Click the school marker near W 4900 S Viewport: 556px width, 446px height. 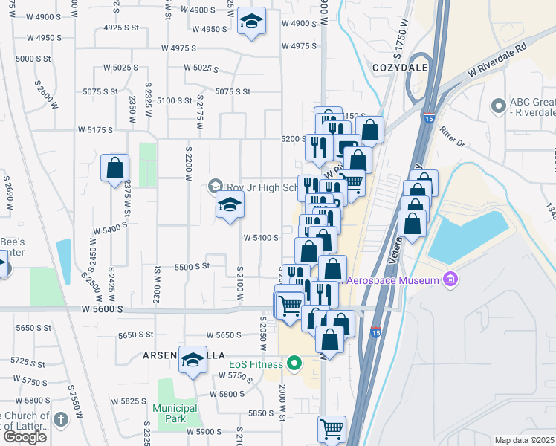(x=252, y=22)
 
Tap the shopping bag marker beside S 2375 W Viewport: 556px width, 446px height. (x=115, y=169)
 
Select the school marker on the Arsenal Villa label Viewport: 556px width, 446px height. (x=193, y=362)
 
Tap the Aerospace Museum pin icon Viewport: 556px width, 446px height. (x=449, y=280)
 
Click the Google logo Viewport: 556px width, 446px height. (x=25, y=437)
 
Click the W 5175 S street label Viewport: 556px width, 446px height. (x=95, y=129)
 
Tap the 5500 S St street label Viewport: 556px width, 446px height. (x=192, y=266)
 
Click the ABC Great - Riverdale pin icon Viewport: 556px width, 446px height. (x=498, y=107)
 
